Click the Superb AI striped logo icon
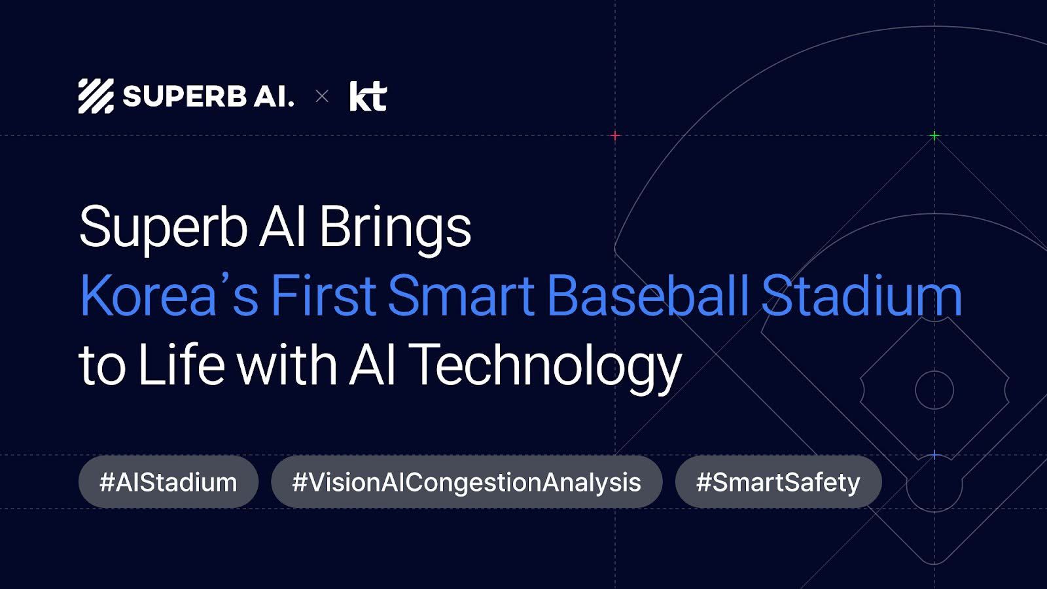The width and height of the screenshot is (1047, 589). (x=96, y=96)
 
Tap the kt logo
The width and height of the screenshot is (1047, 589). (x=368, y=96)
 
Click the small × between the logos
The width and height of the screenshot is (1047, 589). (x=321, y=97)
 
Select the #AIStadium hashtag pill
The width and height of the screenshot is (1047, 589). (x=168, y=482)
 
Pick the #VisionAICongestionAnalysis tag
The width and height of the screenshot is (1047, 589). (x=467, y=482)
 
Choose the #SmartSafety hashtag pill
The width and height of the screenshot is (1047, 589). (x=778, y=482)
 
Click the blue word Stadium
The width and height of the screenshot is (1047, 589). (x=861, y=295)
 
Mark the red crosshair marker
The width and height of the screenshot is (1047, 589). (x=615, y=135)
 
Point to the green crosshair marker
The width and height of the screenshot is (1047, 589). (x=934, y=135)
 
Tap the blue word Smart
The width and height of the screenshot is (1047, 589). (x=461, y=295)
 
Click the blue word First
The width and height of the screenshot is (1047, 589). (x=323, y=295)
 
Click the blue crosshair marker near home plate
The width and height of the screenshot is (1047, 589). (x=934, y=455)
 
